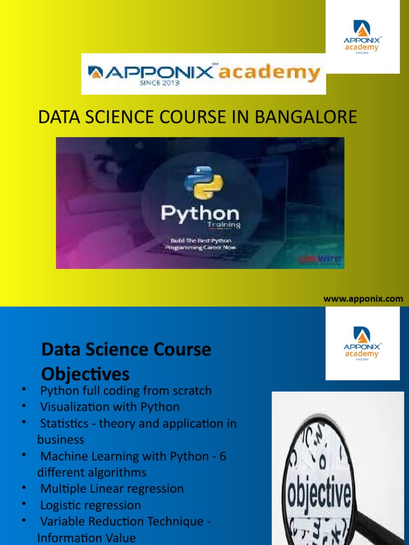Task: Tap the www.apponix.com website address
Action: point(363,299)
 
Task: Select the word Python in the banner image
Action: point(200,214)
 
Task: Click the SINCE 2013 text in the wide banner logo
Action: point(160,84)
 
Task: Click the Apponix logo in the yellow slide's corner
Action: point(362,37)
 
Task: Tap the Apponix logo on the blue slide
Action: point(362,343)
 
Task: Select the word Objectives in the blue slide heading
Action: point(85,373)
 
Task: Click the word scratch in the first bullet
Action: point(191,391)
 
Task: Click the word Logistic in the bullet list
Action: point(61,505)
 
